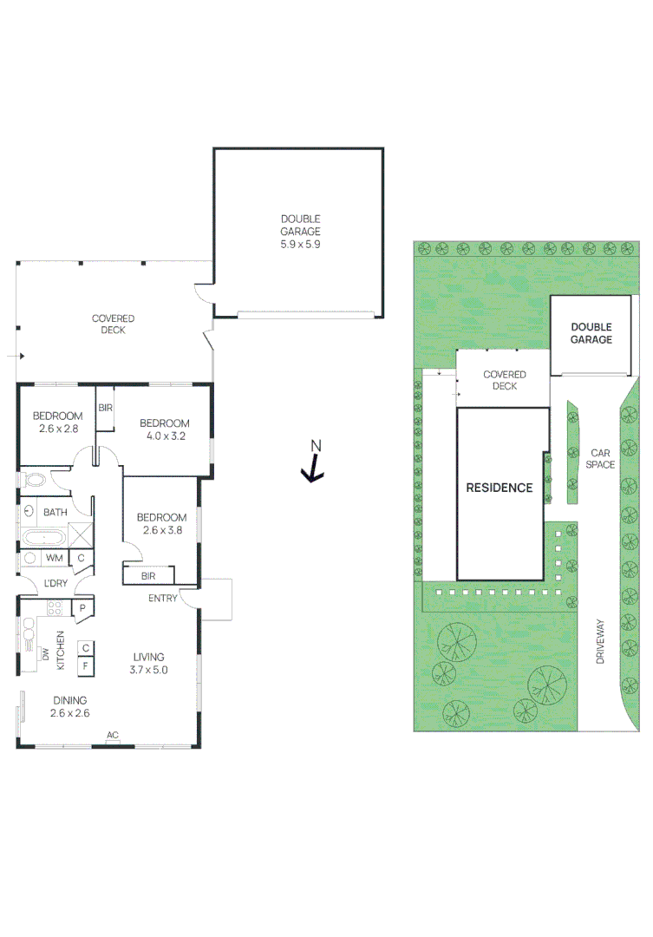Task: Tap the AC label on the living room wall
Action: pos(112,736)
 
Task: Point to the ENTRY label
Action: pos(163,598)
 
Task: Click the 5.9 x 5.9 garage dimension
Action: pos(300,245)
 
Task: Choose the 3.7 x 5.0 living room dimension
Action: pos(148,670)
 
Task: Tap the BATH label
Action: pos(56,513)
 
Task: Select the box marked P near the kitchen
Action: pos(82,608)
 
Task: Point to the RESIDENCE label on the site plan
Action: pos(500,488)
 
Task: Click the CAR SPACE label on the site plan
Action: pos(600,459)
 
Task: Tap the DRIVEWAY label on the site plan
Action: pos(599,641)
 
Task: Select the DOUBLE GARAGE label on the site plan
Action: pos(591,333)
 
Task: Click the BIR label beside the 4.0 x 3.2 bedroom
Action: pos(105,407)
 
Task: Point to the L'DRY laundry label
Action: pos(56,583)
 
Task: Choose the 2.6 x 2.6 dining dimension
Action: pos(70,713)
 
